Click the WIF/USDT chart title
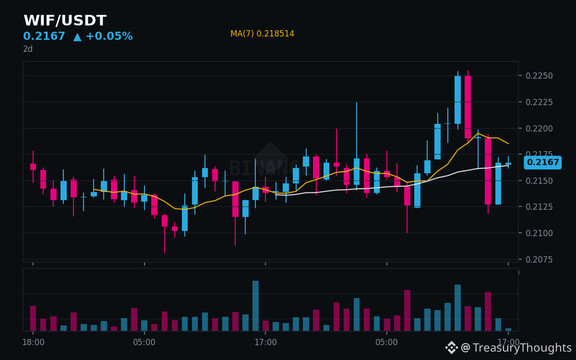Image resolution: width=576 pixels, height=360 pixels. (65, 20)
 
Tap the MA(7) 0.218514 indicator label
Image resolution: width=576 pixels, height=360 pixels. (262, 34)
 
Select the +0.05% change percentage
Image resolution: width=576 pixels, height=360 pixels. (109, 36)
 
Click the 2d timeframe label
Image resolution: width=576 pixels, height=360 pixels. (28, 49)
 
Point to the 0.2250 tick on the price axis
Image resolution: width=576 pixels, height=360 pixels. (539, 76)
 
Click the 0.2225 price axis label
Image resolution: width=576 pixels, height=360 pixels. (539, 102)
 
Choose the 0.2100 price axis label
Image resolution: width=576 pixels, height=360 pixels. (539, 233)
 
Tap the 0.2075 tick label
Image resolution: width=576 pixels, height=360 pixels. (539, 260)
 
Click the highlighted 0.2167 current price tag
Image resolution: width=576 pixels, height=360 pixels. (542, 162)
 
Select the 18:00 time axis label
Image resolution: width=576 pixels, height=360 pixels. (34, 342)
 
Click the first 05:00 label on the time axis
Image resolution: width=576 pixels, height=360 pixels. (144, 342)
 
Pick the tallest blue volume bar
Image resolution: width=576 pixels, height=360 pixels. (255, 306)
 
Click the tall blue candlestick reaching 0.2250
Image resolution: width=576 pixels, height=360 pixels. (458, 100)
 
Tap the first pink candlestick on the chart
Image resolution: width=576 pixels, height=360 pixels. (33, 167)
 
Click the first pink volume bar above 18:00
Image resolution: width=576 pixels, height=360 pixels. (33, 318)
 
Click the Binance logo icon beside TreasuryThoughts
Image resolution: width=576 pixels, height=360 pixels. (452, 348)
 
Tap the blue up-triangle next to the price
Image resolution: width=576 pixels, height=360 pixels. (77, 37)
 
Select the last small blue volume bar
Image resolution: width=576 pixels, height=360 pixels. (508, 329)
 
